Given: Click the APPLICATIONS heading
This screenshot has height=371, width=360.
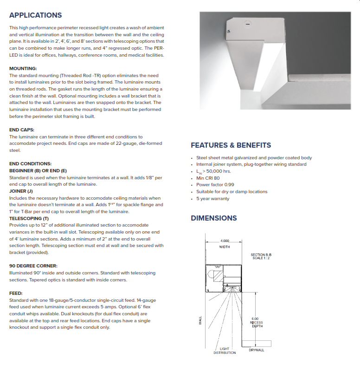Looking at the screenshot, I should (36, 15).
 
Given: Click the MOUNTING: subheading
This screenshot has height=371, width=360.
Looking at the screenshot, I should (23, 68).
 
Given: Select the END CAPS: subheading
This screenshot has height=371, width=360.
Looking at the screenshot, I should (22, 130).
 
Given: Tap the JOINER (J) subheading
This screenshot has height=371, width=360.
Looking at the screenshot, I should (21, 191).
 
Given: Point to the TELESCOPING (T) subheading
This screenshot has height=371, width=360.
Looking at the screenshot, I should (29, 218).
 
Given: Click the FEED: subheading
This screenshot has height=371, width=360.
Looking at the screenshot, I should (16, 293).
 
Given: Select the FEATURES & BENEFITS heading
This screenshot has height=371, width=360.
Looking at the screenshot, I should (231, 145).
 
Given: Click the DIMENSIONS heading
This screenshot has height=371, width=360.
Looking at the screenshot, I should (214, 218).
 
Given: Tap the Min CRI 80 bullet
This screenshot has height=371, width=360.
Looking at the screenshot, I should (208, 178).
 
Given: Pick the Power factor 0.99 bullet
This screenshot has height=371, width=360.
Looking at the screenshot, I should (215, 185).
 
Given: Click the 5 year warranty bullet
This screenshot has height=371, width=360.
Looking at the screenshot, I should (212, 199).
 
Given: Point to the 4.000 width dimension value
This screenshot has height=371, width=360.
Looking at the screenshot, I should (225, 241).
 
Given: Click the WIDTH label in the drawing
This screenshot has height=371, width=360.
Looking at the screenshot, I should (225, 247).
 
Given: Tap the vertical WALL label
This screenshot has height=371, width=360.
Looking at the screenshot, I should (200, 320).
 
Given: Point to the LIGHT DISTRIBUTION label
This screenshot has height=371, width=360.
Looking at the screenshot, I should (225, 351).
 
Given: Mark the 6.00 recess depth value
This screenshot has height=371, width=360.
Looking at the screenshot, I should (255, 318).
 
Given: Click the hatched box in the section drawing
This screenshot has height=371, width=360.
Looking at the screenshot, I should (217, 278).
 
